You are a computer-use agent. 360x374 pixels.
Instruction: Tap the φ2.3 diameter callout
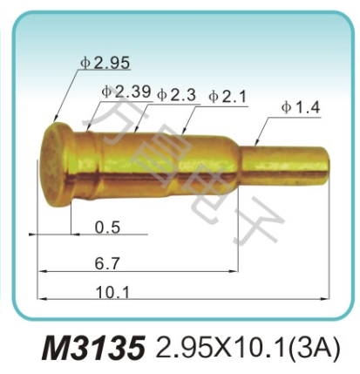176,94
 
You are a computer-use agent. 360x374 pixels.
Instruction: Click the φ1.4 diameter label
301,107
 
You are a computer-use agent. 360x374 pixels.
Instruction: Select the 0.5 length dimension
107,228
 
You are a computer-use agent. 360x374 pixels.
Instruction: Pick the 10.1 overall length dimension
112,292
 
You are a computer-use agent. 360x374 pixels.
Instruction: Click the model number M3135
92,349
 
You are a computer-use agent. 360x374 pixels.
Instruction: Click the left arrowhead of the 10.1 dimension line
40,298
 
